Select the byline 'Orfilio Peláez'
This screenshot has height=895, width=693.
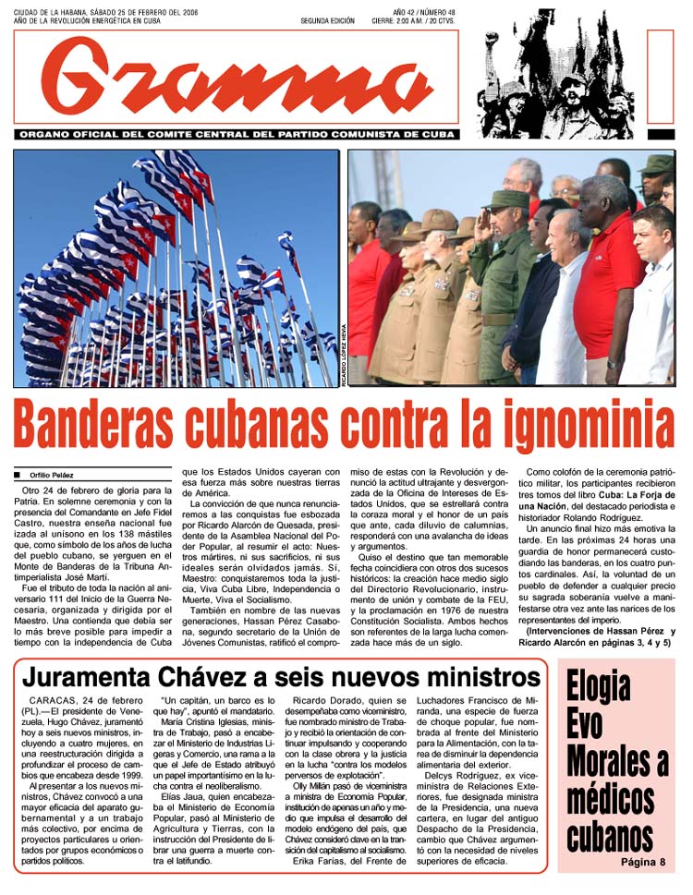tap(55, 476)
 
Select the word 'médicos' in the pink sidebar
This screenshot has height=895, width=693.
tap(612, 799)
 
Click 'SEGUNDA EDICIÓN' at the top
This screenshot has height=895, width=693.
tap(327, 20)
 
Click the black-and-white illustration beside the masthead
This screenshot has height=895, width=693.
tap(554, 85)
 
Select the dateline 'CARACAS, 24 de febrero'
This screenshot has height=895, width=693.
tap(79, 702)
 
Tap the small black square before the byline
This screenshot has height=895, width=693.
tap(18, 476)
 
